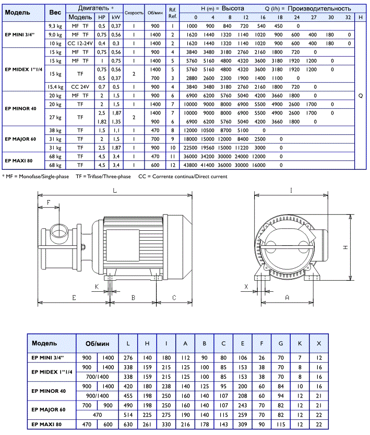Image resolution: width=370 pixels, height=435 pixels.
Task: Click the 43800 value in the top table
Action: tap(192, 166)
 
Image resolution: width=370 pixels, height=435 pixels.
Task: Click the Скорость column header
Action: tap(134, 13)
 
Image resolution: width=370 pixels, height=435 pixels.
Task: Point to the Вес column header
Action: tap(55, 13)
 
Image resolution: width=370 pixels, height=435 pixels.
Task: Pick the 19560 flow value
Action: tap(210, 148)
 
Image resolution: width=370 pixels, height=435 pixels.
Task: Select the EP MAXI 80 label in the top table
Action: tap(20, 161)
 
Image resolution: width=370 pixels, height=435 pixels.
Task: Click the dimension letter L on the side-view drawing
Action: tap(114, 191)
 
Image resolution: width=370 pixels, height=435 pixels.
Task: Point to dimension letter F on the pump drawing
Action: tap(49, 202)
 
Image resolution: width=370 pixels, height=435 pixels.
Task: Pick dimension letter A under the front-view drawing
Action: tap(288, 297)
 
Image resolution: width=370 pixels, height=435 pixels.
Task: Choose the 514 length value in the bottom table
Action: tap(128, 414)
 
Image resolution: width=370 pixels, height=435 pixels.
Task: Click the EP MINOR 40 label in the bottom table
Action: tap(49, 391)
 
